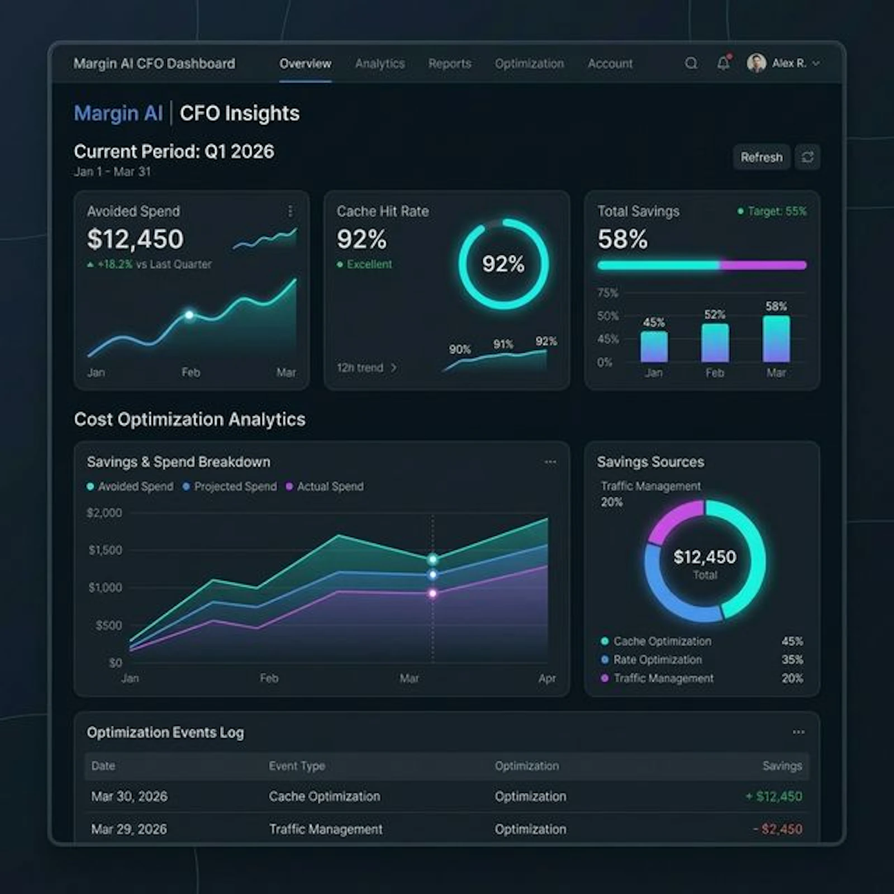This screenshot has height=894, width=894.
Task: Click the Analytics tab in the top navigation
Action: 379,64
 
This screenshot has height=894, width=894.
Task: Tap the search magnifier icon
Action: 691,63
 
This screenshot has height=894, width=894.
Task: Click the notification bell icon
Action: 723,63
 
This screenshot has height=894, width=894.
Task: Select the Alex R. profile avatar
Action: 756,63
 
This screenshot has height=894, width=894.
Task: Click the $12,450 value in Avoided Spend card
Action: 135,239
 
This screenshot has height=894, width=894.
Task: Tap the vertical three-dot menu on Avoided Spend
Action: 290,211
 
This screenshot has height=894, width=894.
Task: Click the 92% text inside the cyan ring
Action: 503,264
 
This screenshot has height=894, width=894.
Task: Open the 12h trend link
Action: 366,368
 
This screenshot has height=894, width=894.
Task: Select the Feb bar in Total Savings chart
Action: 715,343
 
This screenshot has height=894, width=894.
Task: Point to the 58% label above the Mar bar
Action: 776,306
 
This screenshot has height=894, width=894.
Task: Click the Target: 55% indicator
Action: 772,211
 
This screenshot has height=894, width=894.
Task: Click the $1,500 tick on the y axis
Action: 105,550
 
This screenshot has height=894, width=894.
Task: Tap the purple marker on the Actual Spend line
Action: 432,593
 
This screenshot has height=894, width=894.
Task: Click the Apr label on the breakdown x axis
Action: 547,678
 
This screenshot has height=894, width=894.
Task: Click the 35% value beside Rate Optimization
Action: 792,660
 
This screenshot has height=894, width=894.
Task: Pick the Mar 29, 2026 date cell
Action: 129,829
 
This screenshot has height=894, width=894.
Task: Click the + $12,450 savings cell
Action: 774,796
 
